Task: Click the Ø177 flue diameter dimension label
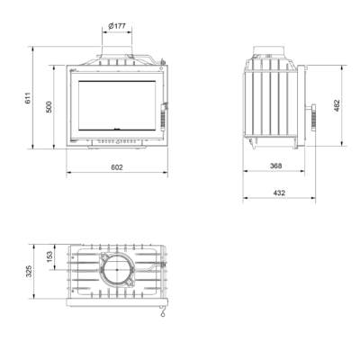click(x=117, y=26)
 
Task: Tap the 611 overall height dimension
click(x=28, y=98)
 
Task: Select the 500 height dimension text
click(x=49, y=107)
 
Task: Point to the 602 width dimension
click(x=117, y=167)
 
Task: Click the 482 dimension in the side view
click(x=337, y=105)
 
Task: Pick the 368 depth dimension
click(x=276, y=166)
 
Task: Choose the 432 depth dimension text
click(x=279, y=193)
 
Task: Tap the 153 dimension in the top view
click(x=49, y=256)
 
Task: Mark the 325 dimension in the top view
click(x=28, y=271)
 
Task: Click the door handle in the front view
click(x=164, y=117)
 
